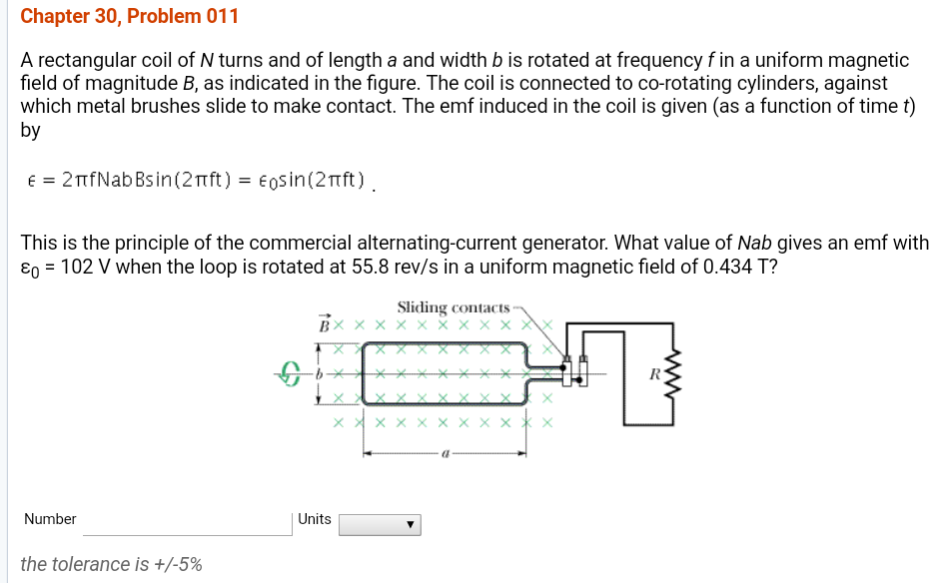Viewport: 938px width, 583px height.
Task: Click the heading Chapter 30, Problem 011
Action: (x=129, y=17)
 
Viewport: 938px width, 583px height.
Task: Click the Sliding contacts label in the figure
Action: (x=453, y=307)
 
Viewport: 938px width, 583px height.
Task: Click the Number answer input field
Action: (x=186, y=520)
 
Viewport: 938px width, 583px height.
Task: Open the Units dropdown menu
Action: (x=380, y=524)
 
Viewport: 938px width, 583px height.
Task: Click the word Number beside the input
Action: (x=50, y=519)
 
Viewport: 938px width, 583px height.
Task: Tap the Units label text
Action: (x=315, y=519)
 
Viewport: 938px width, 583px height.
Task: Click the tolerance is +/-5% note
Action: (x=111, y=564)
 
